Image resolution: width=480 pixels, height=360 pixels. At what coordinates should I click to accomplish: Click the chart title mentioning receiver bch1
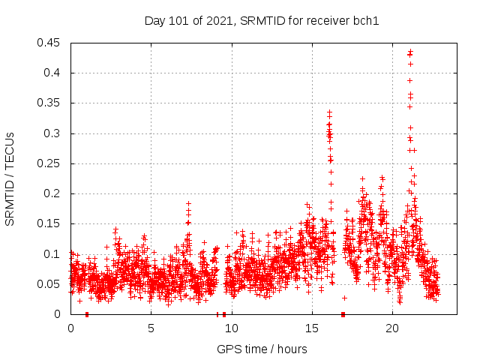pyautogui.click(x=262, y=21)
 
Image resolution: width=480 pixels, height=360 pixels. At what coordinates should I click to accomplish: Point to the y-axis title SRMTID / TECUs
pyautogui.click(x=10, y=178)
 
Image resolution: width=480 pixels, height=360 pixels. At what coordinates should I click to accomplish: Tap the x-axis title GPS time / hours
pyautogui.click(x=262, y=349)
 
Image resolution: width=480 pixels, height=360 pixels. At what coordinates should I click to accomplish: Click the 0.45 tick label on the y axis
pyautogui.click(x=49, y=43)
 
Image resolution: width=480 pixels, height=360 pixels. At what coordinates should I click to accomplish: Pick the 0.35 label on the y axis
pyautogui.click(x=49, y=103)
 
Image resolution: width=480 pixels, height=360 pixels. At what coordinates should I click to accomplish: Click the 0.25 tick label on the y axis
pyautogui.click(x=49, y=163)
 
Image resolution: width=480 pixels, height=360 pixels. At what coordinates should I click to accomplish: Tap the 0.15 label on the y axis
pyautogui.click(x=49, y=223)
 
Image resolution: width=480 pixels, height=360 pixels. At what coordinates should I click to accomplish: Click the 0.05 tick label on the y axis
pyautogui.click(x=49, y=284)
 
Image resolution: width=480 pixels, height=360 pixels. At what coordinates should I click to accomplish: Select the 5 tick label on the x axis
pyautogui.click(x=151, y=328)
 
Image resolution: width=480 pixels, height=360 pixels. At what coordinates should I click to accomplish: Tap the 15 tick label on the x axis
pyautogui.click(x=311, y=328)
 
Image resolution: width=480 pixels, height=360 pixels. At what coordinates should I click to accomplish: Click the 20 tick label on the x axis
pyautogui.click(x=392, y=328)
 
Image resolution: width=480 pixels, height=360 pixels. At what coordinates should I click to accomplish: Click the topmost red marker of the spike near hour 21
pyautogui.click(x=409, y=51)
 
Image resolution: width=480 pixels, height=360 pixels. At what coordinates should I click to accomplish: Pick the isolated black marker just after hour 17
pyautogui.click(x=344, y=298)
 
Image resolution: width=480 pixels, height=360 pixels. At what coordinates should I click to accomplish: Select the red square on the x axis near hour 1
pyautogui.click(x=87, y=314)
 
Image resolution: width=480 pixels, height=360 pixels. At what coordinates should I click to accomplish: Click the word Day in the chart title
pyautogui.click(x=154, y=21)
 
